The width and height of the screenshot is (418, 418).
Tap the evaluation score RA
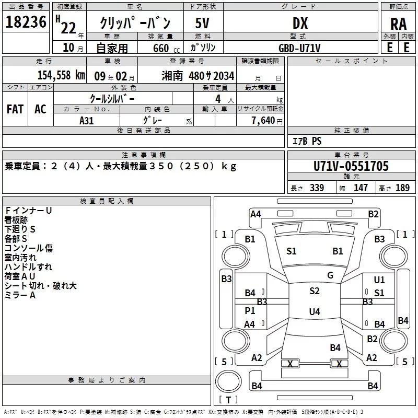click(x=398, y=24)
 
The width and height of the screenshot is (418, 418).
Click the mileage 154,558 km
click(x=60, y=75)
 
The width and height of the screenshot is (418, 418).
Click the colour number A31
click(x=87, y=120)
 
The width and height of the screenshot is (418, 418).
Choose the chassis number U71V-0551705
click(x=351, y=166)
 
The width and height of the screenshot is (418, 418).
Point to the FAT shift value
click(x=15, y=109)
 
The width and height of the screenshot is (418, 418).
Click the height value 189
click(x=402, y=188)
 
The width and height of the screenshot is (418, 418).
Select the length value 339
click(x=317, y=188)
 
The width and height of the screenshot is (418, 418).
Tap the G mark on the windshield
click(x=330, y=275)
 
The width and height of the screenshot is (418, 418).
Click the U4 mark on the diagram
click(x=314, y=312)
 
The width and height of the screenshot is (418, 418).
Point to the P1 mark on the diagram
click(x=250, y=310)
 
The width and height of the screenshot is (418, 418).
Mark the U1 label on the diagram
click(x=379, y=280)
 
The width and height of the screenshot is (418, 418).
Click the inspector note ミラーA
click(x=20, y=295)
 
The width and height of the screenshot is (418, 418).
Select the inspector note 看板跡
click(x=16, y=220)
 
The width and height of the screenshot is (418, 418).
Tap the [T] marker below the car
click(x=229, y=400)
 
